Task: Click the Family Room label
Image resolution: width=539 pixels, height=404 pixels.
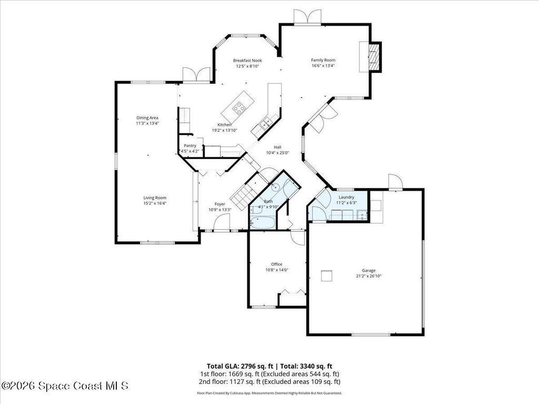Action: point(323,60)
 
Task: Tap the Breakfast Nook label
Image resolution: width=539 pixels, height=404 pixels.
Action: point(247,60)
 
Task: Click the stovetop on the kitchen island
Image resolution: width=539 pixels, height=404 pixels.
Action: point(239,109)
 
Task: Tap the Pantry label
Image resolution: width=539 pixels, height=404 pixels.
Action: point(190,146)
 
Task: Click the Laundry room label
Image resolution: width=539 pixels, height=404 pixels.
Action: point(346,197)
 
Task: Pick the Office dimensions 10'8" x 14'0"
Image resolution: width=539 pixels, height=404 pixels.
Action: point(276,270)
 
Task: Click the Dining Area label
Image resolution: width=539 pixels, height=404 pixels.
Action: point(147,118)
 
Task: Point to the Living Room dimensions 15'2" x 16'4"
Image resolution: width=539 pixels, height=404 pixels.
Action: point(155,203)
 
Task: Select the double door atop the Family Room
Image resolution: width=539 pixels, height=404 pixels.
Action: point(307,17)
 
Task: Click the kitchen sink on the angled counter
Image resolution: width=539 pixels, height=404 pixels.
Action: point(265,124)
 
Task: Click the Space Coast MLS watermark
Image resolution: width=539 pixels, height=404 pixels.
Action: point(64,386)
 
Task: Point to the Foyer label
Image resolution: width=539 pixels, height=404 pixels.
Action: point(219,204)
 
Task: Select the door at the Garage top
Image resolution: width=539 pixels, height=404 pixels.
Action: point(395,181)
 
